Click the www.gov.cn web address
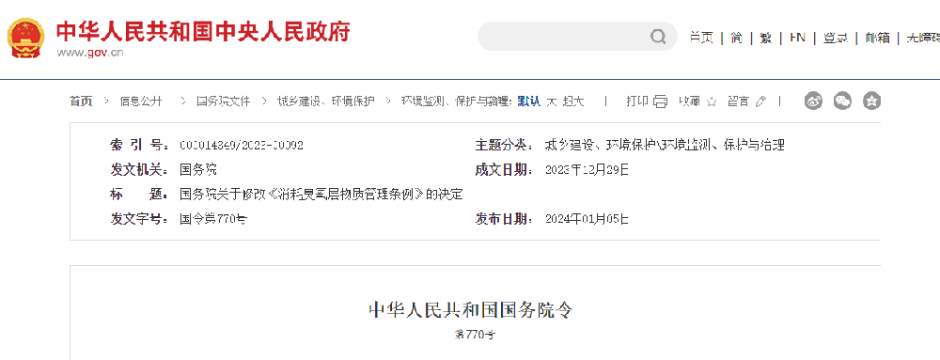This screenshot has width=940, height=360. click(x=90, y=53)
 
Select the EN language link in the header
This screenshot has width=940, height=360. click(x=797, y=38)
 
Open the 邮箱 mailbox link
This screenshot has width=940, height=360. click(x=877, y=38)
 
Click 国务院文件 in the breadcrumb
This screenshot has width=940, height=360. click(x=223, y=101)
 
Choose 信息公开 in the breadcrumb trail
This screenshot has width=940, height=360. click(x=141, y=101)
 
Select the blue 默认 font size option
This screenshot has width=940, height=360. click(x=528, y=101)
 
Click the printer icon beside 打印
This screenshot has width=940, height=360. click(x=660, y=101)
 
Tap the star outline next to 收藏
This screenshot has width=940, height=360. click(x=712, y=101)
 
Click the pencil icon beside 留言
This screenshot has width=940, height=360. click(x=760, y=101)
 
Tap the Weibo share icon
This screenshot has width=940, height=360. click(x=814, y=100)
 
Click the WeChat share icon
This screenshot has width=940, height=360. click(x=843, y=100)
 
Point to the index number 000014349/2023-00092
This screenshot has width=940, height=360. click(x=242, y=146)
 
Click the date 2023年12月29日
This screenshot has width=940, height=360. click(x=587, y=170)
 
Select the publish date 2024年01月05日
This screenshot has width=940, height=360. click(x=587, y=219)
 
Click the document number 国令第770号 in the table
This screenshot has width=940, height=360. click(x=213, y=219)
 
